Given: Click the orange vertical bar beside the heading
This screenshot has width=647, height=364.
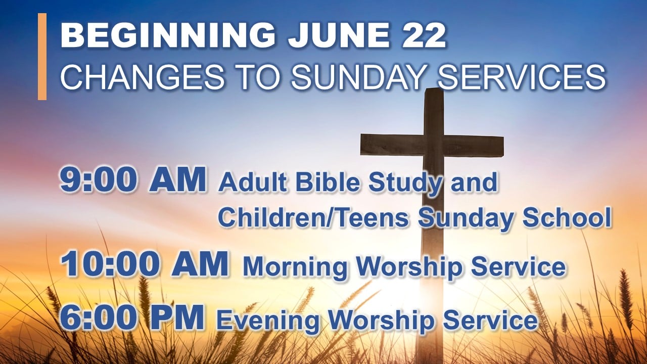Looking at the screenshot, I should point(42,56).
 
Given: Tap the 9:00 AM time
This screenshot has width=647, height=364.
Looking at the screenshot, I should point(133,180).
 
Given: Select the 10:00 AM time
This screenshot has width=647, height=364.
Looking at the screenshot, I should point(145,264).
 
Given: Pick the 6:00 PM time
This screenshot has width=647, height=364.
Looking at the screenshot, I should point(132,318).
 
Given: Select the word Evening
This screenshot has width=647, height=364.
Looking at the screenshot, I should point(267,321).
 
